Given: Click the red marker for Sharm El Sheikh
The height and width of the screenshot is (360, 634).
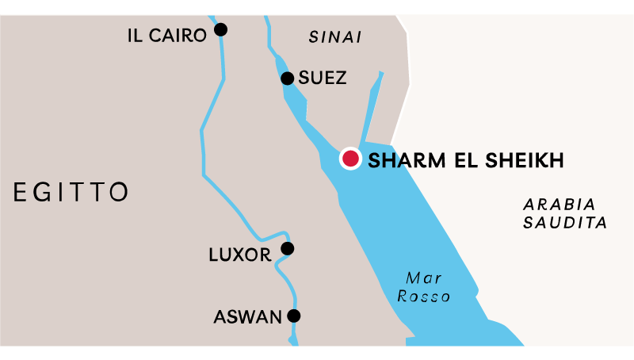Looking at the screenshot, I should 350,159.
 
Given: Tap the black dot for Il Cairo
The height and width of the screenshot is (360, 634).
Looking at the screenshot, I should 221,30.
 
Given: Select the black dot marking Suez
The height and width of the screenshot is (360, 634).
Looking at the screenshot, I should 287,78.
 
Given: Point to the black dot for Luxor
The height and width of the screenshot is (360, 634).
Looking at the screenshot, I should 287,249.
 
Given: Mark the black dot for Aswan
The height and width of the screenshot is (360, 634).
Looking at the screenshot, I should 294,316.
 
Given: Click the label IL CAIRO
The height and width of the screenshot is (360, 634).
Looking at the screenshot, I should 166,35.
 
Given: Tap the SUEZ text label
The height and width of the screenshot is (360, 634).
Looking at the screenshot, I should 323,79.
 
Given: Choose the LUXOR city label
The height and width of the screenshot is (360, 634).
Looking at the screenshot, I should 239,255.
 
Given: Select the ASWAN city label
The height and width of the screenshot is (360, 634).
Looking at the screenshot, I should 247,317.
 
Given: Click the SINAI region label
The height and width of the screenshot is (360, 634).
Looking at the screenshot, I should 335,36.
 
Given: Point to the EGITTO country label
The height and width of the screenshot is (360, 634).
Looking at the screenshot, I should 71,191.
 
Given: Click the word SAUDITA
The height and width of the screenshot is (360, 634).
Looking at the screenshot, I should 565,223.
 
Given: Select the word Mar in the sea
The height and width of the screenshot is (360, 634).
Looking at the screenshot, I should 423,278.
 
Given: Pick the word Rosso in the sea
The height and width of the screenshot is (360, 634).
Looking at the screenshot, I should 424,297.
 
